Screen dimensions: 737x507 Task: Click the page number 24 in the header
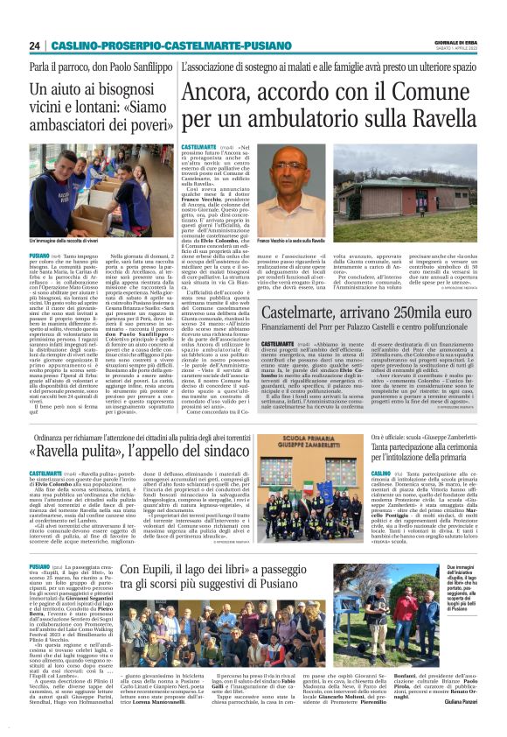[34, 46]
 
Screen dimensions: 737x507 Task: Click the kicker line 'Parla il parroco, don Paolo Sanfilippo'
[101, 67]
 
